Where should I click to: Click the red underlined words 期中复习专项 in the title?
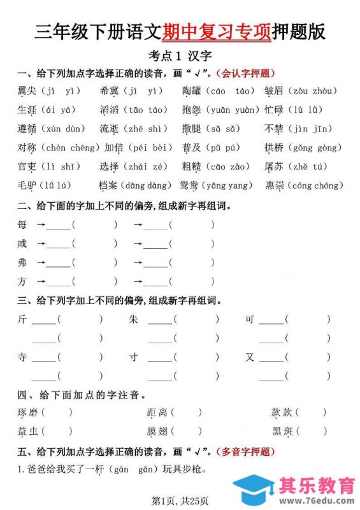coord(217,31)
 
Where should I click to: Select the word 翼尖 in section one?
coord(27,91)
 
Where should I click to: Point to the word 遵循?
coord(27,129)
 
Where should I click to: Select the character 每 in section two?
coord(23,224)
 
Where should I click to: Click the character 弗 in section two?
coord(23,262)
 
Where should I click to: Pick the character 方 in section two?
coord(23,281)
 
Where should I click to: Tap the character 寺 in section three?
coord(23,357)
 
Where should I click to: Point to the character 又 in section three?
coord(250,357)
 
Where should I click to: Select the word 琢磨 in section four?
coord(27,413)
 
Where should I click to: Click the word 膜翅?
coord(157,432)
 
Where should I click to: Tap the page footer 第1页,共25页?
coord(180,499)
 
